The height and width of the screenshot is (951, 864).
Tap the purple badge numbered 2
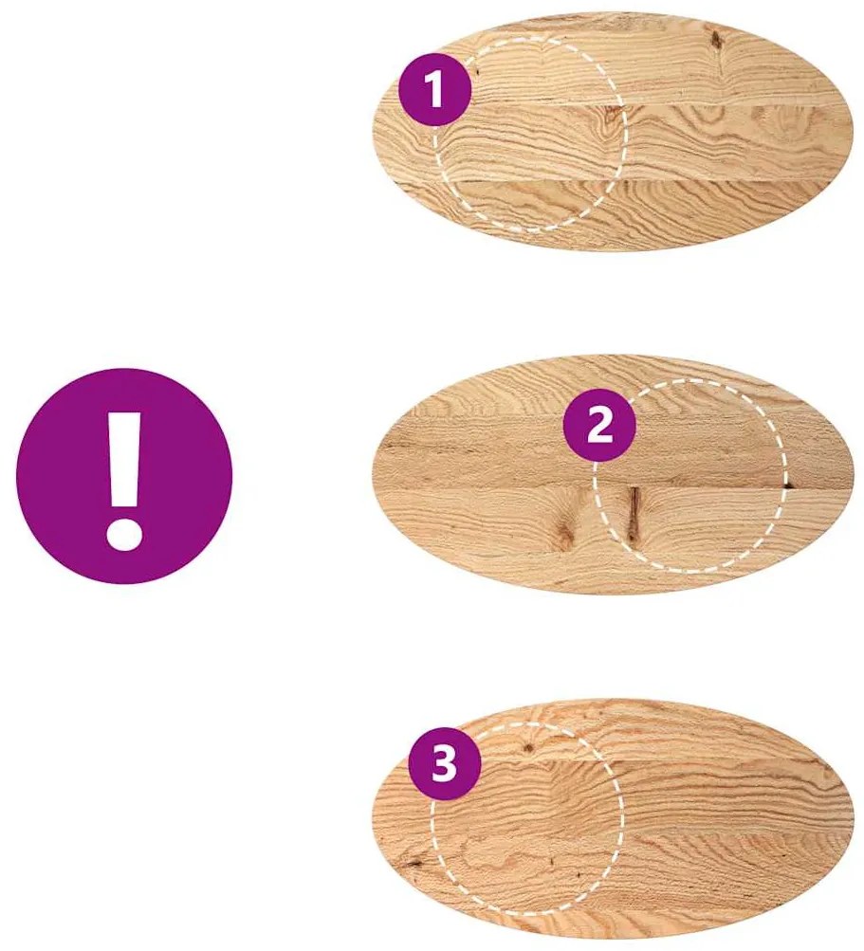[599, 425]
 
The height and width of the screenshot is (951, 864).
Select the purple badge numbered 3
[444, 763]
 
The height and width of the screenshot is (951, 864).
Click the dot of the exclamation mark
[124, 534]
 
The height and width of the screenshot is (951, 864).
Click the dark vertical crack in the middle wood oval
[634, 512]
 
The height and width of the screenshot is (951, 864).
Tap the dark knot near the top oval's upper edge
[716, 40]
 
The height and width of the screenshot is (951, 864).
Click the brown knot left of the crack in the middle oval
[566, 533]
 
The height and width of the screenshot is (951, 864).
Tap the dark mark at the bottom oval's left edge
[415, 861]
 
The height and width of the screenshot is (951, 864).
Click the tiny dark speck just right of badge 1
[477, 72]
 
